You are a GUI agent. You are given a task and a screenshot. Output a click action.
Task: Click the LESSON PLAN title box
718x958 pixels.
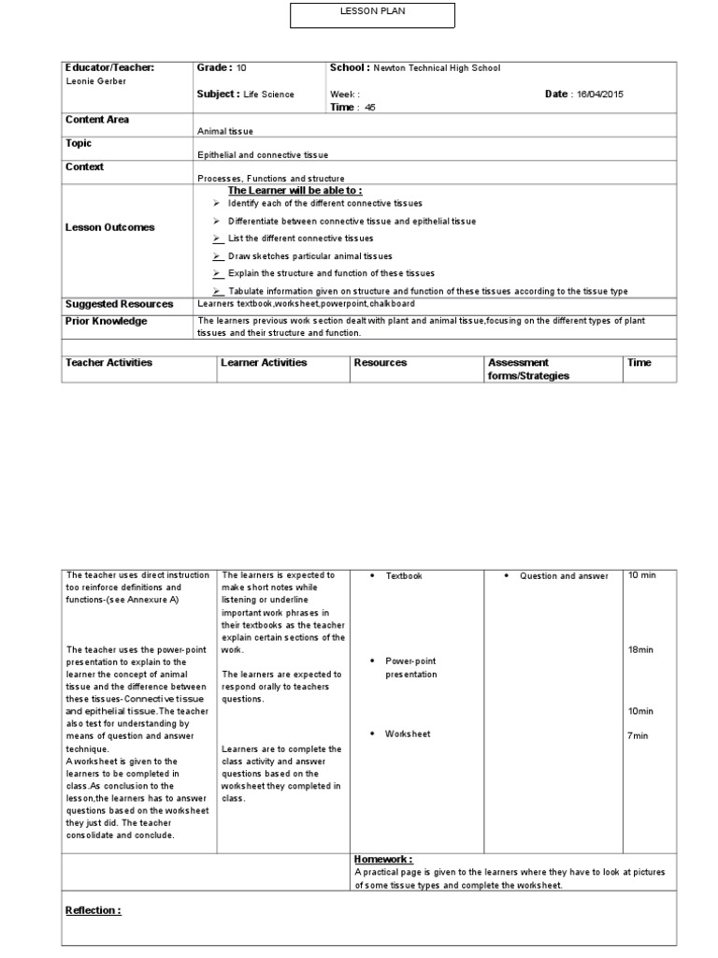(371, 15)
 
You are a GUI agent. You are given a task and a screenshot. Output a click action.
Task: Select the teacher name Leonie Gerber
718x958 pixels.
(94, 81)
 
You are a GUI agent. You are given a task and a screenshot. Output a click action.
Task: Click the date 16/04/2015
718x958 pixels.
(599, 94)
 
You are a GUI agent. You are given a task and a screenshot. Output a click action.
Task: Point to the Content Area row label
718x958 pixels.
(97, 120)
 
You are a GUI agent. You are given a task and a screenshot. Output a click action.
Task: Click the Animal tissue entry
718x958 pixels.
(224, 132)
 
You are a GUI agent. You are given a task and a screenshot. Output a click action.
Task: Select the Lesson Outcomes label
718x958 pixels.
(110, 227)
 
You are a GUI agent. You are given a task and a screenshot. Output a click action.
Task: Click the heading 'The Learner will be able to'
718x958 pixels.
(294, 190)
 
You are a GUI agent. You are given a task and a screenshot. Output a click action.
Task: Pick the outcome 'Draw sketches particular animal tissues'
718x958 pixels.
(309, 255)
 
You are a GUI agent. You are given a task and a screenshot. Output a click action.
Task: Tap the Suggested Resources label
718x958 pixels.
(119, 304)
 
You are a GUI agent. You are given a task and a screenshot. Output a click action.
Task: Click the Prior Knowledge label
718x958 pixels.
(106, 321)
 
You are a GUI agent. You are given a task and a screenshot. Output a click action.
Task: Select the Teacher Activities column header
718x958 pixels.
(108, 362)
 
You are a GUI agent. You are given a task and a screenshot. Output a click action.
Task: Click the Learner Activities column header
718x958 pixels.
(264, 362)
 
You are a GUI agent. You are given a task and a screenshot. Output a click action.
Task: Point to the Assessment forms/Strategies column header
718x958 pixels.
(528, 369)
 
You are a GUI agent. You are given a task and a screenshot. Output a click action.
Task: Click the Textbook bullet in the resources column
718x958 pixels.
(404, 576)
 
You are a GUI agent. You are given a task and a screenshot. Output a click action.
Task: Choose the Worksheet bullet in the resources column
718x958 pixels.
(408, 734)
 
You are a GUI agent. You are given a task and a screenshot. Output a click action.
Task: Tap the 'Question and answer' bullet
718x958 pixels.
(564, 576)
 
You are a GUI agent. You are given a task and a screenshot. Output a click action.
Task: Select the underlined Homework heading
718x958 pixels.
(383, 859)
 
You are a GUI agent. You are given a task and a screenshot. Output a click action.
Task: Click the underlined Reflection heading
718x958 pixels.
(93, 910)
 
